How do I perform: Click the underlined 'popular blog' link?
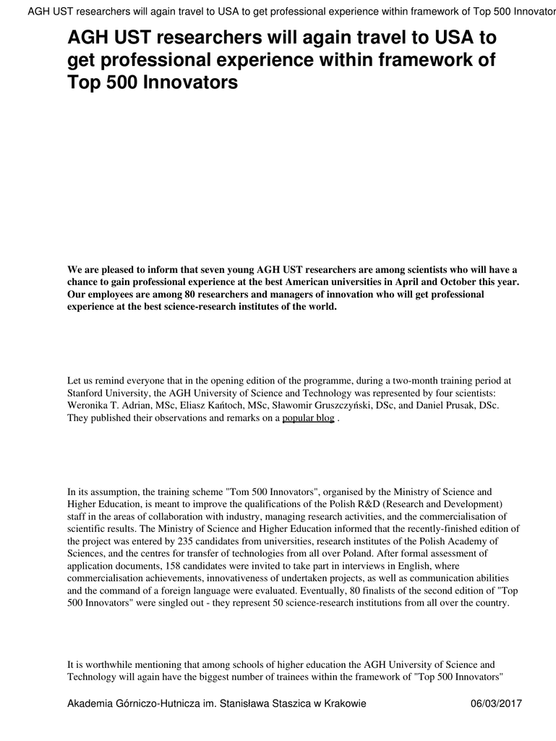tap(308, 418)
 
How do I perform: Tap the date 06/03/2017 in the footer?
tap(496, 703)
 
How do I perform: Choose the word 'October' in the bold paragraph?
tap(453, 282)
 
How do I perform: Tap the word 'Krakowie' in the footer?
tap(346, 703)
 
